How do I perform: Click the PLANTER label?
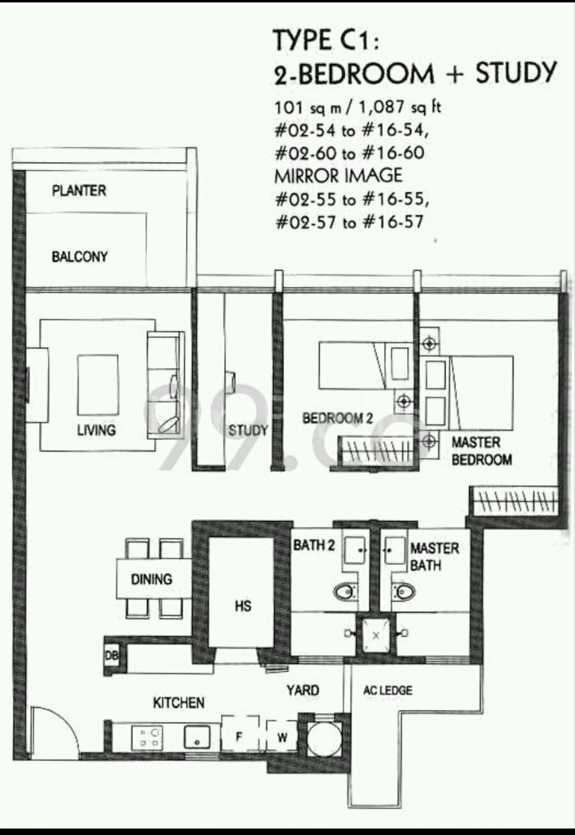[x=79, y=191]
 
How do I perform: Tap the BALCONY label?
[x=80, y=256]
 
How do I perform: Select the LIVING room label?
[x=96, y=430]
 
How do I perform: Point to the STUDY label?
[x=248, y=430]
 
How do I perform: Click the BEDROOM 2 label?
[x=337, y=418]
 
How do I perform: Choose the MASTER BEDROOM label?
[x=482, y=451]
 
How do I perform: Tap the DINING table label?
[x=151, y=579]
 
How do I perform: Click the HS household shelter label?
[x=243, y=606]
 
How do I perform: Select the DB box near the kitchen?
[x=111, y=655]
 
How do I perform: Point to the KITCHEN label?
[x=179, y=703]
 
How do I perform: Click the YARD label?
[x=303, y=691]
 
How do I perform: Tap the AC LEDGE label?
[x=388, y=691]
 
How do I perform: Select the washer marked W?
[x=282, y=737]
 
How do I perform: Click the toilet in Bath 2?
[x=345, y=592]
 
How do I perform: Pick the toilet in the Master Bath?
[x=403, y=592]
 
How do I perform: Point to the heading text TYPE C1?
[x=326, y=40]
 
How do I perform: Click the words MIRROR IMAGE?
[x=338, y=176]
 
